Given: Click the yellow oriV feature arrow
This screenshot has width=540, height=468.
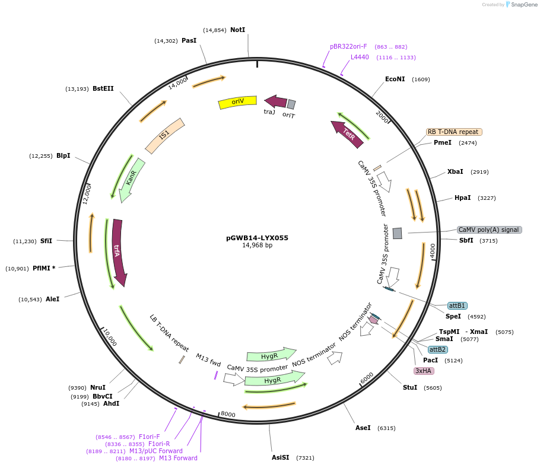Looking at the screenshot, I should tap(237, 102).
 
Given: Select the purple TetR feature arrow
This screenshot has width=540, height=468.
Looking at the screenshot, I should tap(347, 133).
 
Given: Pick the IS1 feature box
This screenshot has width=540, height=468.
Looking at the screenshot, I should tap(165, 135).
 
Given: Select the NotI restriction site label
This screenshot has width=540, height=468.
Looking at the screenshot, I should tap(237, 30).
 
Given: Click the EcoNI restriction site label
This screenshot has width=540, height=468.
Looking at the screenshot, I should tap(395, 79).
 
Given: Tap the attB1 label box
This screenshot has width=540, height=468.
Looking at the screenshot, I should tap(457, 305).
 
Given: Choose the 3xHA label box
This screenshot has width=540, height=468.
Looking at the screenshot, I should tap(424, 371).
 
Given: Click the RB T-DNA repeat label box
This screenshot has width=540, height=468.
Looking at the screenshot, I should tap(454, 132).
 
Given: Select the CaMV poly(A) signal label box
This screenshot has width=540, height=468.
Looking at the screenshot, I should tap(489, 230).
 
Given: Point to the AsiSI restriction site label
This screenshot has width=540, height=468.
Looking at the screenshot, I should tap(281, 457).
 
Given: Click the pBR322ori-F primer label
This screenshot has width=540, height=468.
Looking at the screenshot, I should tap(348, 46).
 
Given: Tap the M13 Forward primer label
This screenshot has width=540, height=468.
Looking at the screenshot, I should tap(178, 458).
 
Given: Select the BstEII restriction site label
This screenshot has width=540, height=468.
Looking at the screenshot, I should tap(103, 88).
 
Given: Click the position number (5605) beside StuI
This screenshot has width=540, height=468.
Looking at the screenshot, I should tap(433, 388).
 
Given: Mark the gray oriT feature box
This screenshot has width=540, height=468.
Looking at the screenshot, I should tap(291, 104).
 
